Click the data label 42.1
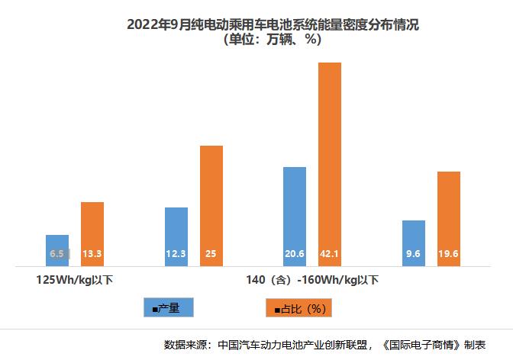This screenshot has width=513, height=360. (329, 254)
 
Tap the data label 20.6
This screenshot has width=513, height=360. (294, 254)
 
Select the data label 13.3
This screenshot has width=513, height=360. (92, 254)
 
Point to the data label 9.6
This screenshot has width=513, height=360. (413, 254)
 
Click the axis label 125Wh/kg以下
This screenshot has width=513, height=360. (75, 279)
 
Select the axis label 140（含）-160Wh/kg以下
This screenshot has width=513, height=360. (311, 279)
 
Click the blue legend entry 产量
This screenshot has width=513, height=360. (169, 307)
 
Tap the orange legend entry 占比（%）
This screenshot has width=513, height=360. (298, 308)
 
